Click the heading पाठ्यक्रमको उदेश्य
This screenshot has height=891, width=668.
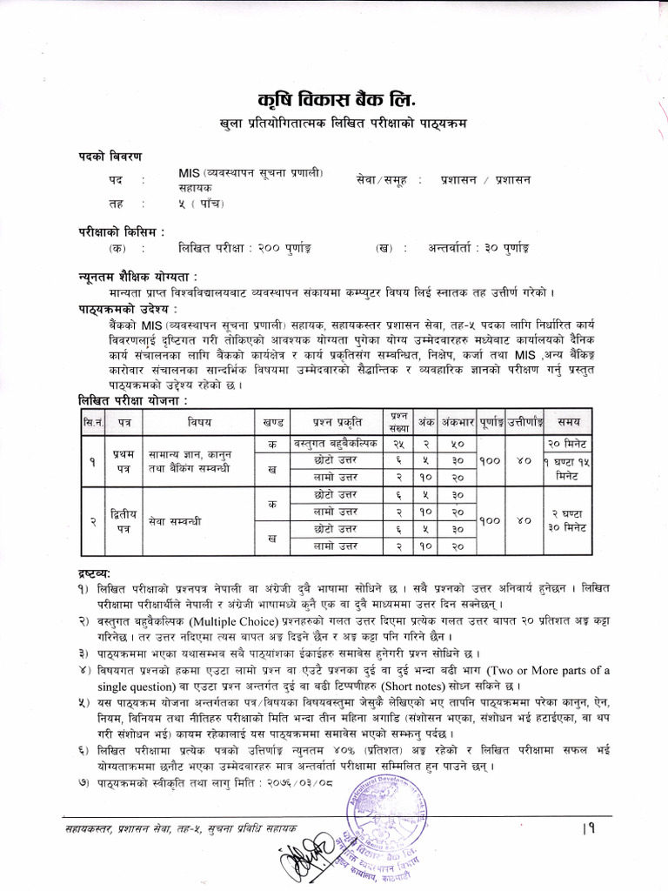point(125,308)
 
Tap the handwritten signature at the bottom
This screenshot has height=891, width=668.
point(303,857)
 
